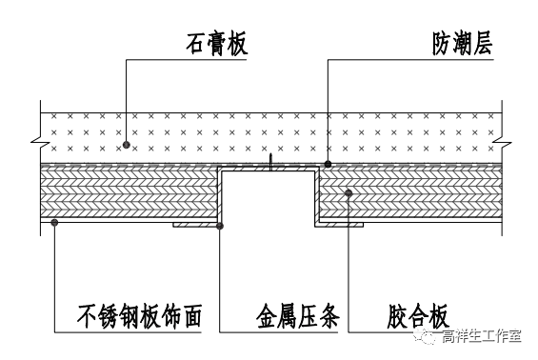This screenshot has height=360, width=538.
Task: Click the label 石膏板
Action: click(x=216, y=44)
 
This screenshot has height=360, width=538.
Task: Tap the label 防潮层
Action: click(x=462, y=44)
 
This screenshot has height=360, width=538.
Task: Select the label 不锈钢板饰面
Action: click(x=139, y=316)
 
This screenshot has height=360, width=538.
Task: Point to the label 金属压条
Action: click(x=297, y=316)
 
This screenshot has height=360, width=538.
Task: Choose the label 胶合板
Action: click(x=418, y=316)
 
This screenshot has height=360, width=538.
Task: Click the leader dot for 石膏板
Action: click(x=127, y=145)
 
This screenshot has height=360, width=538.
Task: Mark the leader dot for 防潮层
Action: click(x=328, y=165)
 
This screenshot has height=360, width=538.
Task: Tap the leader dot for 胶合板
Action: click(x=349, y=193)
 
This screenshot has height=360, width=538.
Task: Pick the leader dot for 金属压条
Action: click(x=220, y=226)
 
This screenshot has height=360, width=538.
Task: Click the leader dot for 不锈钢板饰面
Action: click(x=54, y=223)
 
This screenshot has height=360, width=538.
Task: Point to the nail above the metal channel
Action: click(x=270, y=162)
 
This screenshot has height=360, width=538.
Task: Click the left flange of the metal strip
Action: click(x=195, y=225)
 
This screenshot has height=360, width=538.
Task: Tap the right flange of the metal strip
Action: click(x=339, y=225)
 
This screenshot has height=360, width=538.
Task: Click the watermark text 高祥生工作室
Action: click(x=481, y=336)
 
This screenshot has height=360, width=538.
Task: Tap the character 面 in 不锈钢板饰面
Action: click(x=191, y=316)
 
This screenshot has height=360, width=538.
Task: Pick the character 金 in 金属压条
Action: click(x=267, y=316)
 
